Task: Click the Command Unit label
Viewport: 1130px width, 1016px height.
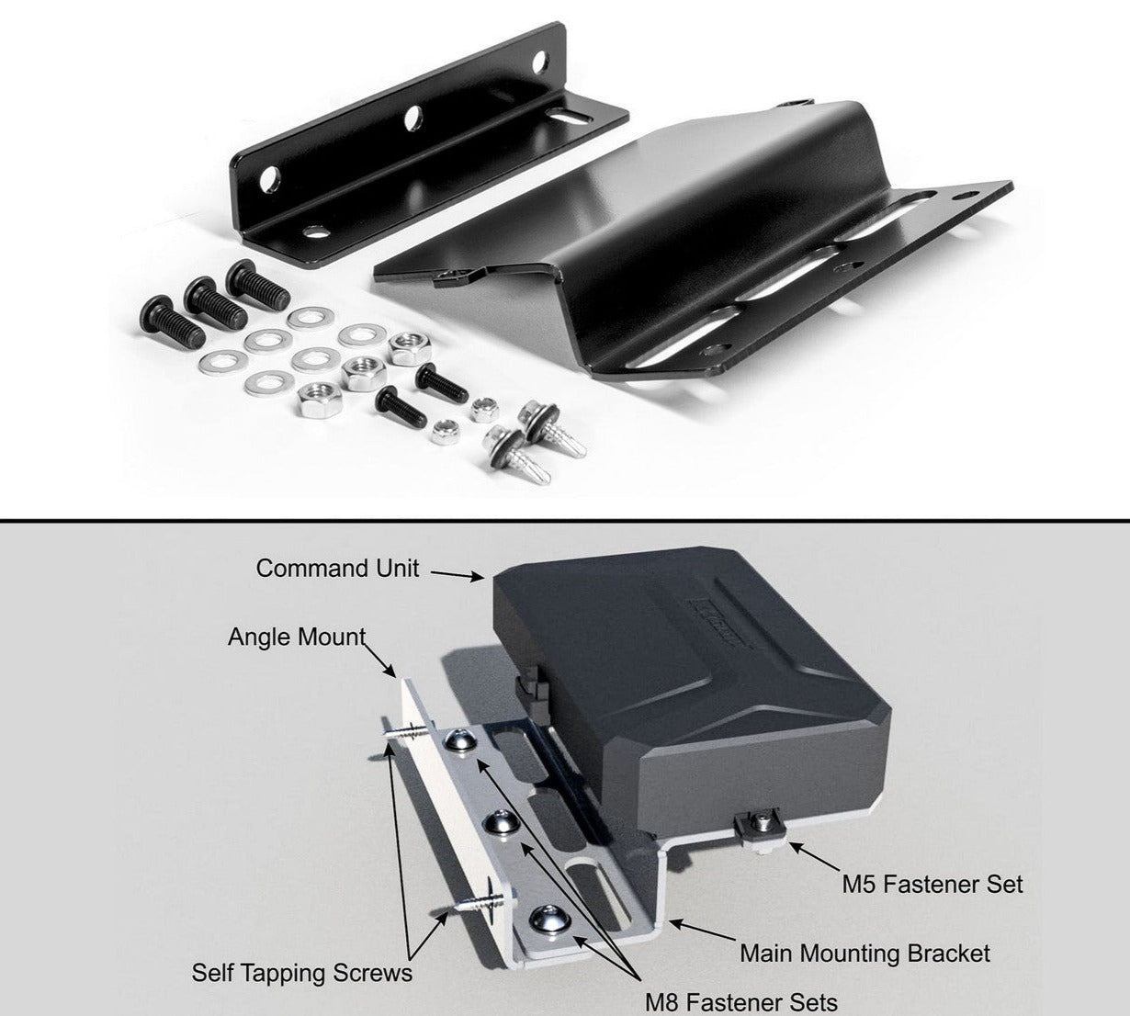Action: [337, 568]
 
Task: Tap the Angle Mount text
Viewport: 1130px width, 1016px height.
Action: [297, 638]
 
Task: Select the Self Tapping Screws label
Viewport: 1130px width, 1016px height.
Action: [302, 973]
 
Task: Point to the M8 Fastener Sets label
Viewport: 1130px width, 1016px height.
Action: [740, 1002]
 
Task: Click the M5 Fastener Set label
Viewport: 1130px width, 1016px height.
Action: [932, 884]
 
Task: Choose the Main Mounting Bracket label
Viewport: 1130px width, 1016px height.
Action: [864, 953]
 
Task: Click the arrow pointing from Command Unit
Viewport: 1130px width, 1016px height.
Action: [458, 575]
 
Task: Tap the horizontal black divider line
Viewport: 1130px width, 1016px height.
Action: [565, 520]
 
